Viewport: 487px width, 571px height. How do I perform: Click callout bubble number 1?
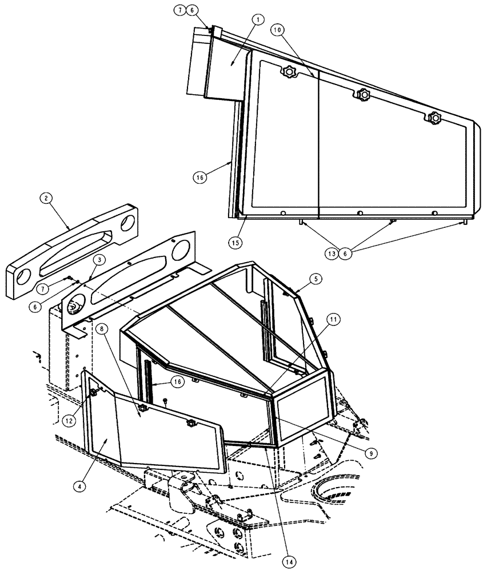[258, 21]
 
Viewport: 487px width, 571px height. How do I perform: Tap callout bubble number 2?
[46, 199]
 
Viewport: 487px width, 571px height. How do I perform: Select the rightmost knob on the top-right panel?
[436, 119]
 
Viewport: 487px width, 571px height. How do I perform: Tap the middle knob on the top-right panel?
[362, 95]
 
